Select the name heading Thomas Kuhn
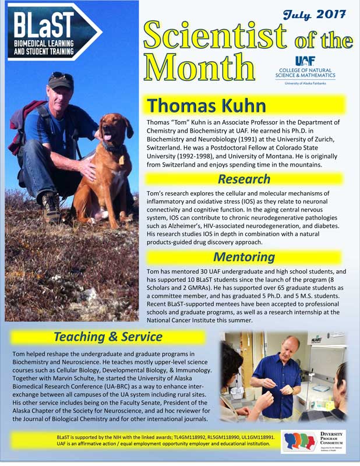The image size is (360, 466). pos(206,105)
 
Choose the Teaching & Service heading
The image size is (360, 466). pos(108,337)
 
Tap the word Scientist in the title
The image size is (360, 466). pos(216,36)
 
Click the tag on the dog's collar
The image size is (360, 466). pos(122,158)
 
